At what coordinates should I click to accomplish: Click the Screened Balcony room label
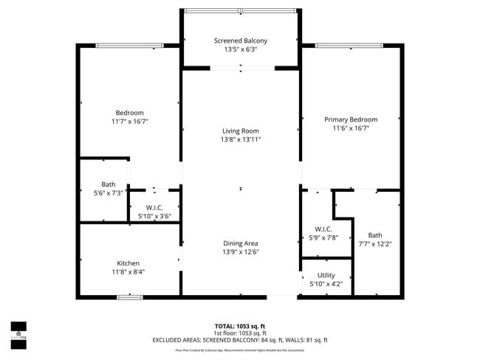(x=241, y=41)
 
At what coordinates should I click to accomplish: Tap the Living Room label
(x=241, y=131)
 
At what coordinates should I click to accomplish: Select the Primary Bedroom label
(x=351, y=120)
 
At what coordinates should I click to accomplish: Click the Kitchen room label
(x=128, y=263)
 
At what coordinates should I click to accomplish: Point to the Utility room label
(x=326, y=275)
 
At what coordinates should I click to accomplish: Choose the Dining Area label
(x=241, y=243)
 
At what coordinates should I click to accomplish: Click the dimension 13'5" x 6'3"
(x=241, y=50)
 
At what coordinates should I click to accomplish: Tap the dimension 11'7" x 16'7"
(x=129, y=122)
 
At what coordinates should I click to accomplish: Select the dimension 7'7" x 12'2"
(x=375, y=244)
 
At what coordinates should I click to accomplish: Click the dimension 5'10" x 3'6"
(x=154, y=216)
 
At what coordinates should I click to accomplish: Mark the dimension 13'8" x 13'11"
(x=241, y=139)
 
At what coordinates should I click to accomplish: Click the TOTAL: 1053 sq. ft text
(x=240, y=325)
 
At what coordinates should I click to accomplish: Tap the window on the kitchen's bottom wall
(x=130, y=297)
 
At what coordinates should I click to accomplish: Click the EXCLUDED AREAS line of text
(x=240, y=340)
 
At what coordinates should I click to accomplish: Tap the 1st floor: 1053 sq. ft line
(x=240, y=333)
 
